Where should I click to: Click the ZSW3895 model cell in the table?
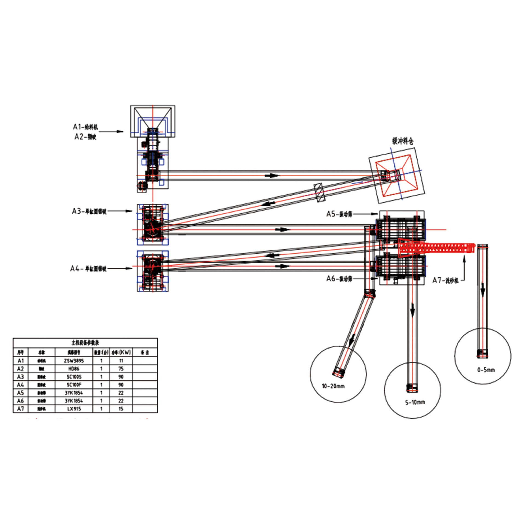[x=74, y=361]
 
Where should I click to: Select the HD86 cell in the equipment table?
[x=74, y=369]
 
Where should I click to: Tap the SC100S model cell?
[x=74, y=377]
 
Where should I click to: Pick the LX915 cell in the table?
[x=74, y=409]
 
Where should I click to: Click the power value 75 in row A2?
[x=121, y=369]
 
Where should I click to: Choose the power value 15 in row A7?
[x=121, y=409]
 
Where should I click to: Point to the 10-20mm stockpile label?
[x=333, y=386]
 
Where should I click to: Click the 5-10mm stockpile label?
[x=415, y=402]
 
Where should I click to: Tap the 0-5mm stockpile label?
[x=486, y=370]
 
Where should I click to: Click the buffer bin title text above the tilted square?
[x=403, y=141]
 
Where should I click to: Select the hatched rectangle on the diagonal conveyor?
[x=319, y=192]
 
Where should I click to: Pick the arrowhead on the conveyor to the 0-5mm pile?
[x=483, y=293]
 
